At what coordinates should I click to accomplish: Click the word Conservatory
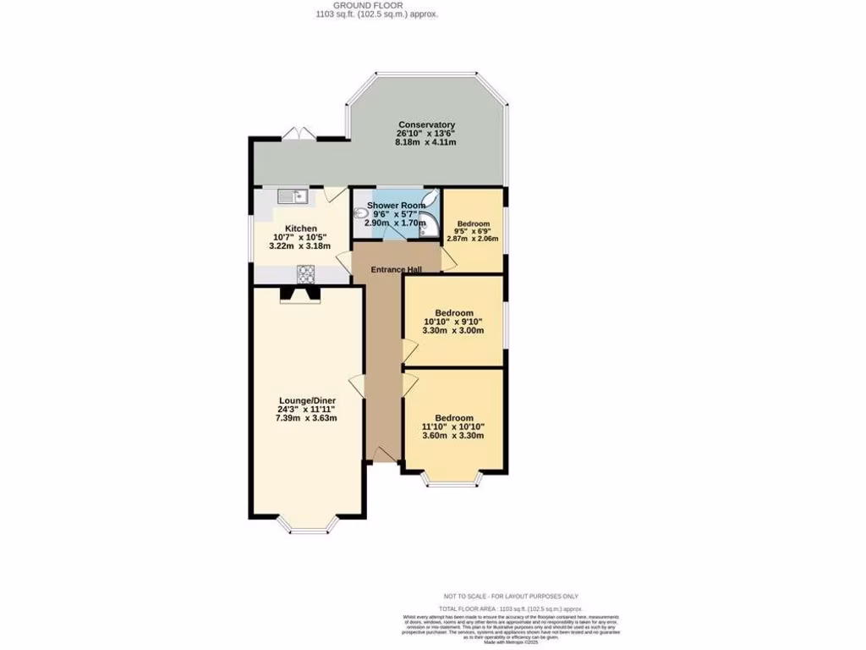(426, 125)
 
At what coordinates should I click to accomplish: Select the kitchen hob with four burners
(305, 273)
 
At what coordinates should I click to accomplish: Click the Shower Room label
(396, 206)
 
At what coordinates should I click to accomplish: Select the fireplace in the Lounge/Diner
(300, 294)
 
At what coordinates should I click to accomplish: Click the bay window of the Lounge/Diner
(307, 526)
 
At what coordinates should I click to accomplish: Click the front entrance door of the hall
(383, 456)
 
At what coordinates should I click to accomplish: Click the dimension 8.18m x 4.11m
(426, 143)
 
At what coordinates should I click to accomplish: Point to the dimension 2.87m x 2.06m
(473, 239)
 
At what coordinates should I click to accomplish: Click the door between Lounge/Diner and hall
(359, 385)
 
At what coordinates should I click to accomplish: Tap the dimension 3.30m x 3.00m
(453, 331)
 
